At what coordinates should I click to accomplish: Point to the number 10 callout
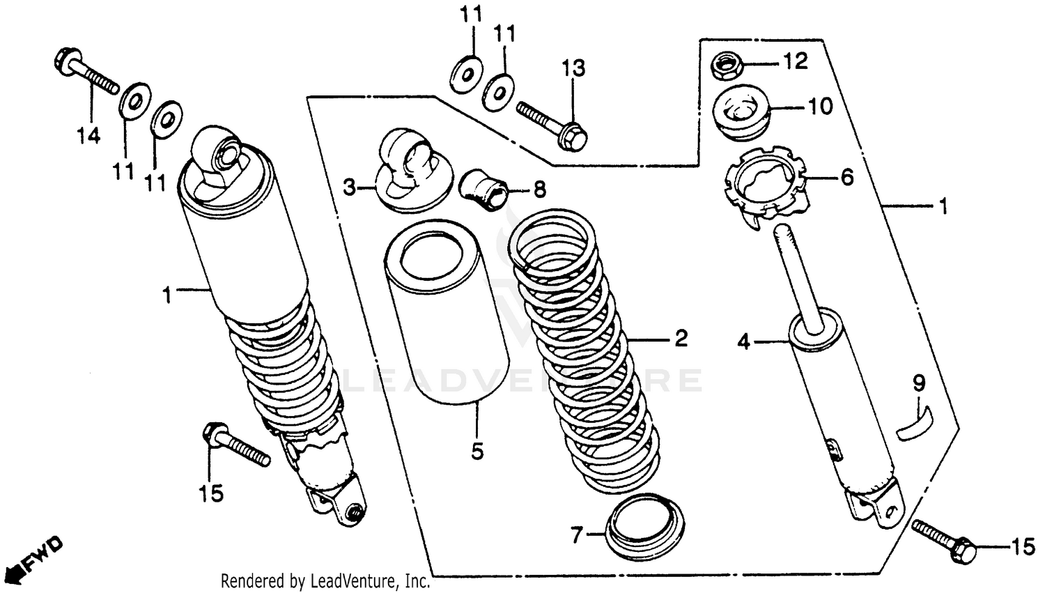[x=820, y=107]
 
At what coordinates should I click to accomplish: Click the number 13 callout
[x=574, y=68]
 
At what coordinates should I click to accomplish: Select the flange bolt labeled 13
[x=554, y=118]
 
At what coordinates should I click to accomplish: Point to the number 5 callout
[x=477, y=452]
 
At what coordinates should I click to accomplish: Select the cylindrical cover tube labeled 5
[x=446, y=314]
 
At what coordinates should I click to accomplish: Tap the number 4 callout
[x=744, y=341]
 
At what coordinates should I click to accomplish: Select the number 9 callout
[x=919, y=383]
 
